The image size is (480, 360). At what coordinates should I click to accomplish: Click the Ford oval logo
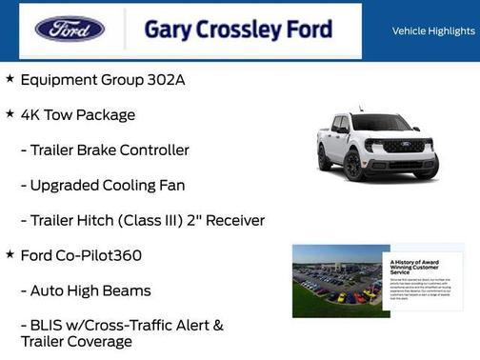point(70,29)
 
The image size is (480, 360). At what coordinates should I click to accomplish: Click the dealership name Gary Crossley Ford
point(238,30)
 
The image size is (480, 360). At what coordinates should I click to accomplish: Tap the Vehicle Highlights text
point(433,30)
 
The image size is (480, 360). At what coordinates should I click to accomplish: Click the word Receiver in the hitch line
point(232,220)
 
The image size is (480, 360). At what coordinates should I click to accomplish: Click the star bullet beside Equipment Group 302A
point(10,78)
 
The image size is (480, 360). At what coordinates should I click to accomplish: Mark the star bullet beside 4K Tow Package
point(10,113)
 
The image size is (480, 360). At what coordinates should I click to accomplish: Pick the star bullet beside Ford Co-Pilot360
point(10,254)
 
